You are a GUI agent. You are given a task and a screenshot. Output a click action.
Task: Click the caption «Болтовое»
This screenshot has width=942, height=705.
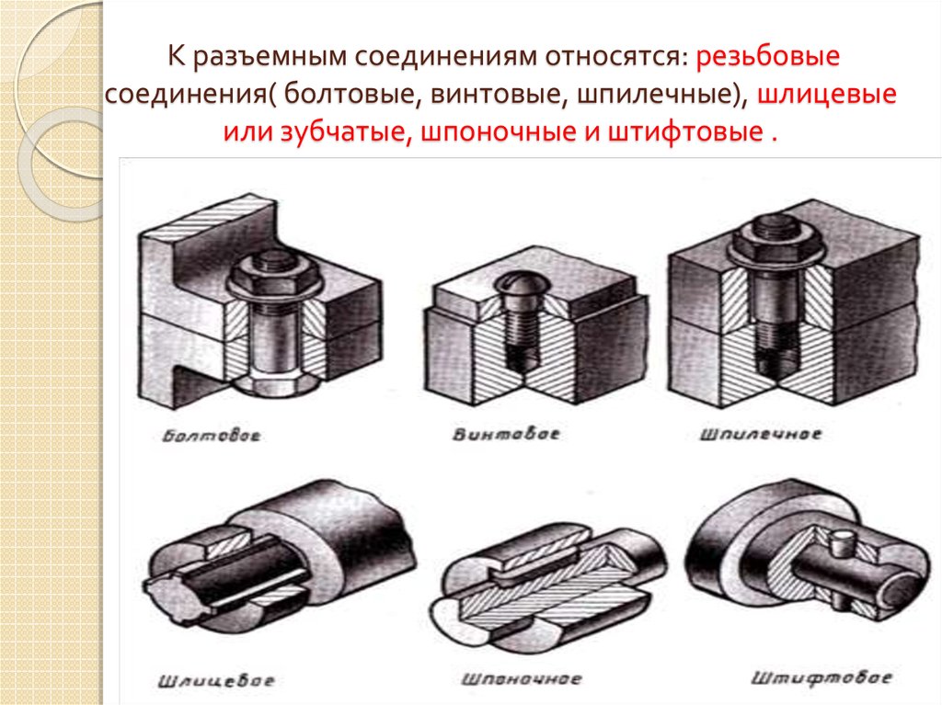pos(212,435)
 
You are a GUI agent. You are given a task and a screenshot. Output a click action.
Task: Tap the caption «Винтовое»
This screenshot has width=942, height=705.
pos(506,434)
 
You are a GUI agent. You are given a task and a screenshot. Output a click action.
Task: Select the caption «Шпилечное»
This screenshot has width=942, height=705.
pos(760,434)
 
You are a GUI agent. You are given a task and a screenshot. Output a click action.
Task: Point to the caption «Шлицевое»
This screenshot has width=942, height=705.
pos(216,681)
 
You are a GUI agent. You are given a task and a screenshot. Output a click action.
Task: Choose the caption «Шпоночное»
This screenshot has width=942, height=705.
pos(522,679)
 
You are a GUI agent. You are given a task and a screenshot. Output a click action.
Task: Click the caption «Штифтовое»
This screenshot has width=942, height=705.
pos(821,678)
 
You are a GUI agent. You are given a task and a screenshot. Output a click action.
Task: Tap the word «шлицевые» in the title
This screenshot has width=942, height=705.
pos(827,95)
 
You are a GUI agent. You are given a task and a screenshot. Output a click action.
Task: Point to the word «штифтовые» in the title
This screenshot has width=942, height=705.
pos(684,132)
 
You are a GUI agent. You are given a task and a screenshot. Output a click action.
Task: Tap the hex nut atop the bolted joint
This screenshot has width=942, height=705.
pos(274,278)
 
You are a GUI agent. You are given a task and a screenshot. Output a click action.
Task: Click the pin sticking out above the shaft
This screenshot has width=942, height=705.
pos(839,543)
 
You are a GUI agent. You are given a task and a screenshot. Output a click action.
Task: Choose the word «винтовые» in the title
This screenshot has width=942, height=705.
pos(496,96)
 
